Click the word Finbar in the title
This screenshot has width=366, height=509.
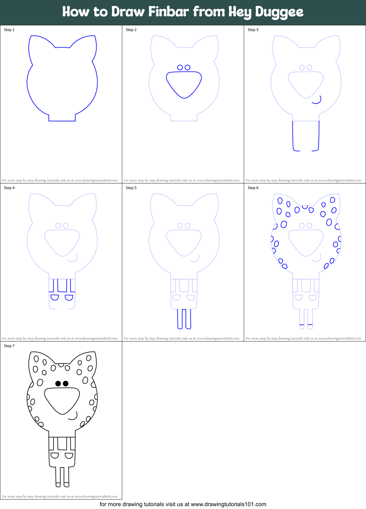click(x=169, y=12)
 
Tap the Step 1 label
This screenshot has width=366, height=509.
click(x=9, y=30)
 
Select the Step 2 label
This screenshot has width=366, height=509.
click(x=131, y=30)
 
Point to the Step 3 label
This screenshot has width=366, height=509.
click(x=253, y=30)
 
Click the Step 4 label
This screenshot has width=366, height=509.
click(x=9, y=188)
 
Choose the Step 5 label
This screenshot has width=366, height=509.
click(x=131, y=188)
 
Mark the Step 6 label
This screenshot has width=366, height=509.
click(x=253, y=188)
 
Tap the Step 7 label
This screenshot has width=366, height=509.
click(x=9, y=346)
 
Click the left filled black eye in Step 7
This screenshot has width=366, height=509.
click(x=58, y=384)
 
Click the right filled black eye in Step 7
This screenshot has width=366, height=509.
click(x=66, y=384)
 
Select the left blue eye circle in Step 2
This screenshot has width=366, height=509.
click(x=180, y=67)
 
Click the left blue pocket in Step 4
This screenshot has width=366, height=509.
click(x=55, y=297)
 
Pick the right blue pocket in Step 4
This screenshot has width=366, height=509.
click(x=69, y=297)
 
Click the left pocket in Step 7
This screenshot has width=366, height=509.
click(x=55, y=455)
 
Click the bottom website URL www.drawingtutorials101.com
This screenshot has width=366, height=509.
click(x=228, y=504)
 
